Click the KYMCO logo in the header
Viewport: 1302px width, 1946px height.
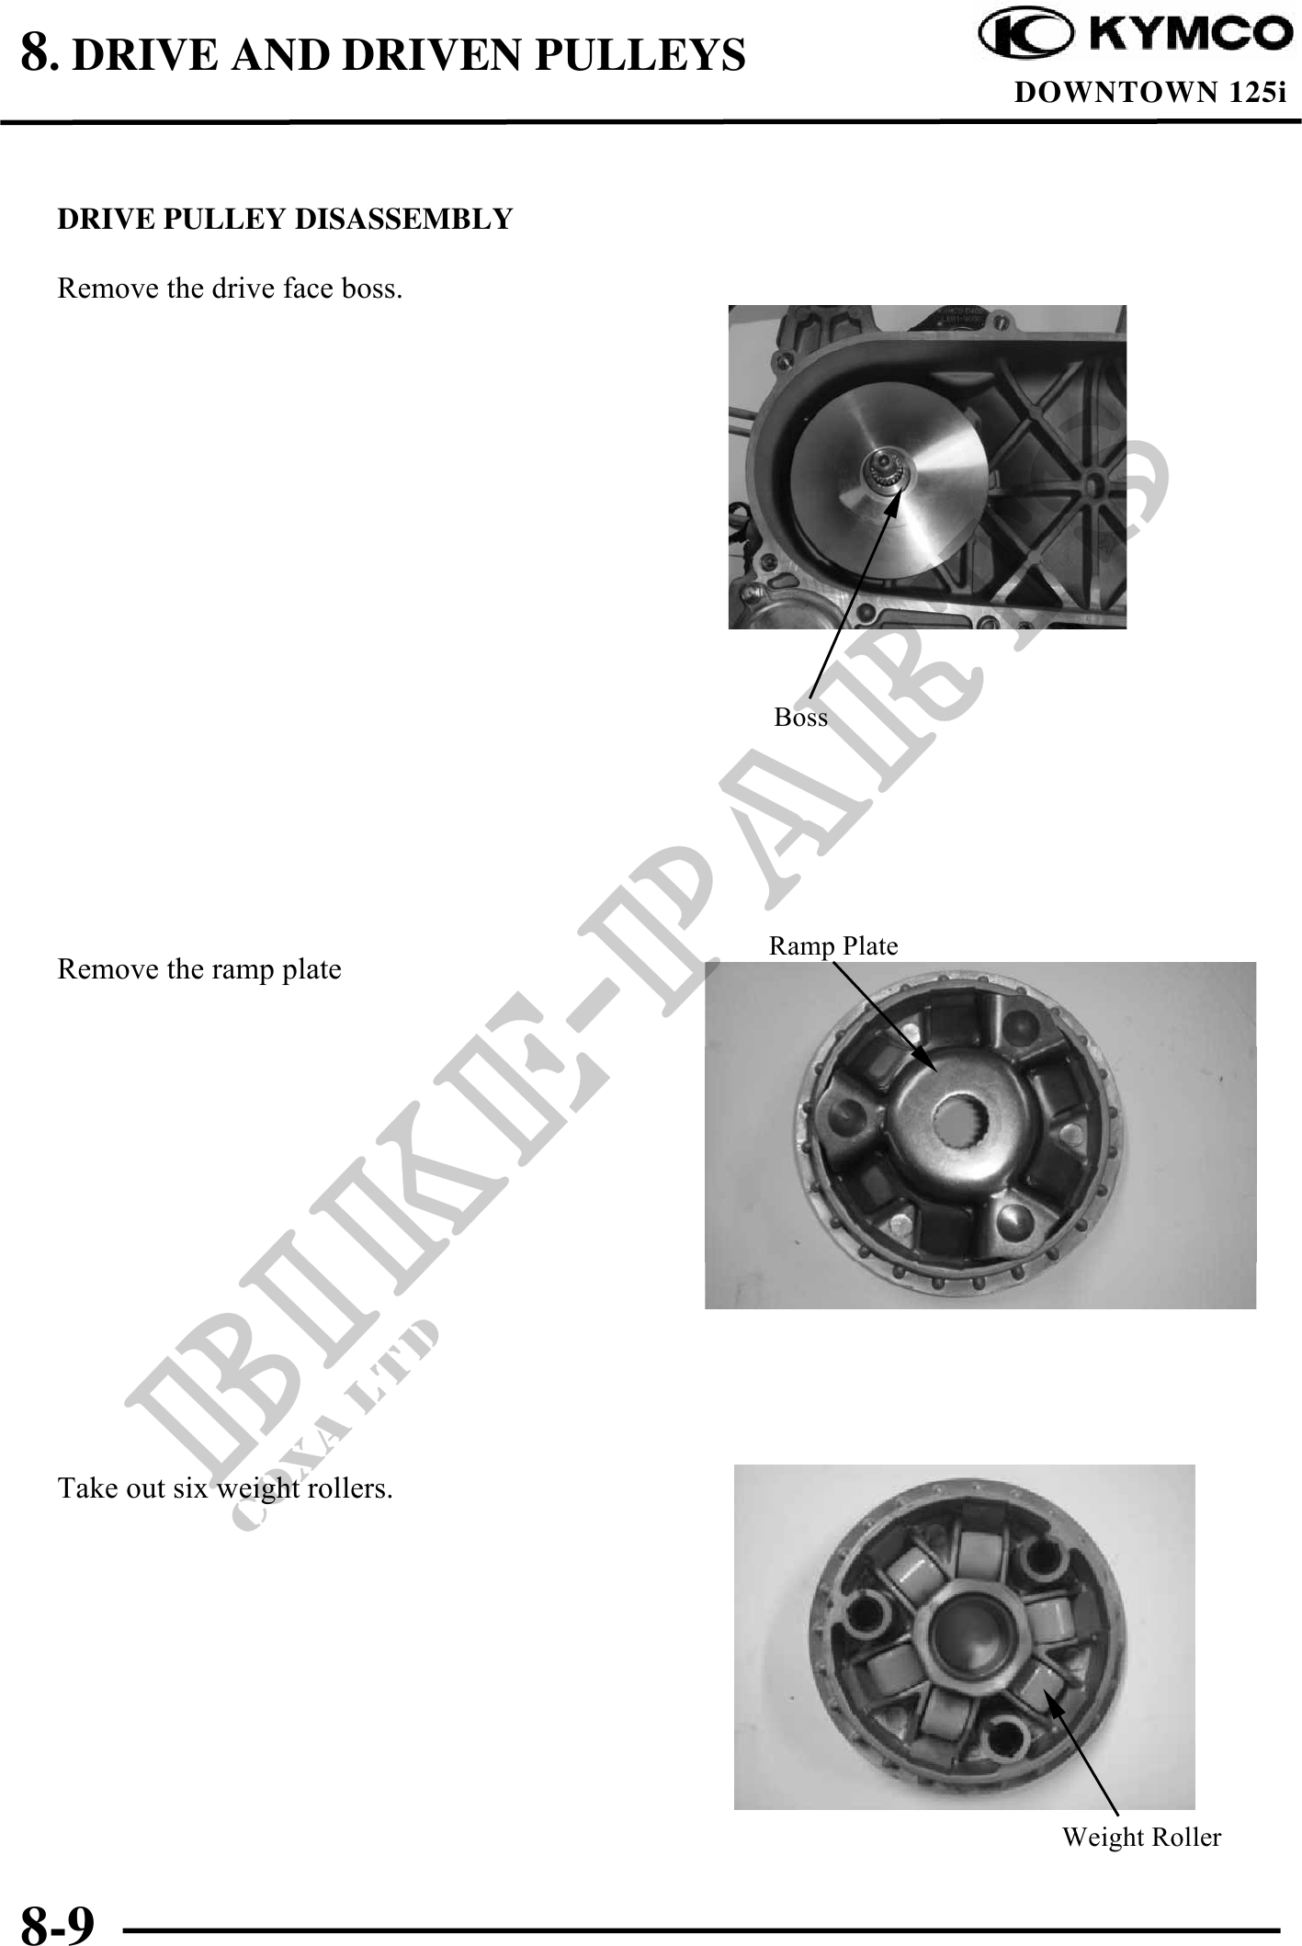click(1136, 35)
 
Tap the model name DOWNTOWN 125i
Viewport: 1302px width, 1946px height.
click(1149, 93)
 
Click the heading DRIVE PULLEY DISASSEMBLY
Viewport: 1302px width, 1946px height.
click(285, 220)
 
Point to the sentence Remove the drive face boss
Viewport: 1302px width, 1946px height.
click(230, 289)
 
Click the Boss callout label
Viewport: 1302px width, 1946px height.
click(801, 717)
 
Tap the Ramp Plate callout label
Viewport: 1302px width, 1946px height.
click(833, 945)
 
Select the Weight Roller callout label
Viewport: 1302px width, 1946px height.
click(1142, 1837)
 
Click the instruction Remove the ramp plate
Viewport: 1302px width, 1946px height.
click(199, 969)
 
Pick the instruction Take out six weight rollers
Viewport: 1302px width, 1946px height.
click(225, 1488)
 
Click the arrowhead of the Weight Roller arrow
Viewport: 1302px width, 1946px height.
click(1050, 1698)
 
